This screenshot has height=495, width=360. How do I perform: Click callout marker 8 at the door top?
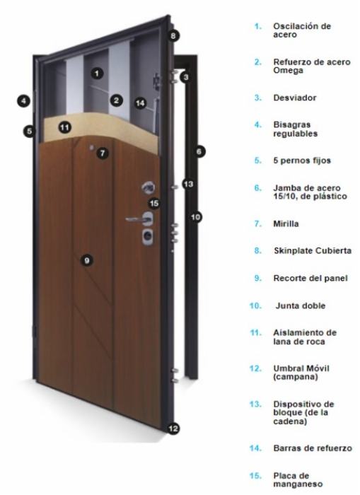(173, 35)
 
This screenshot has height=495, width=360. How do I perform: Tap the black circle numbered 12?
(173, 429)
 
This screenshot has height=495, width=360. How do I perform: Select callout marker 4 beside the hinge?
(23, 101)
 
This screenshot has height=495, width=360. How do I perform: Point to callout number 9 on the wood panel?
(87, 260)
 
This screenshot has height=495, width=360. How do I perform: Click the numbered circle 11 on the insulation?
(65, 127)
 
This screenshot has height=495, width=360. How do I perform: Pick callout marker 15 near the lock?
(154, 203)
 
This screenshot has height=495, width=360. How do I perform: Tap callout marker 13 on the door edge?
(188, 184)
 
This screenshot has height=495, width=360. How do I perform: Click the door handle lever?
(136, 219)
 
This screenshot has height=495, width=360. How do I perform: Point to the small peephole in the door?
(91, 147)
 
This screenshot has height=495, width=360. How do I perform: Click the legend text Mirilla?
(286, 224)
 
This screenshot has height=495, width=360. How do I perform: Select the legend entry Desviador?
(295, 98)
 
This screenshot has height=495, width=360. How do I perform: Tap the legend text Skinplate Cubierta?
(313, 250)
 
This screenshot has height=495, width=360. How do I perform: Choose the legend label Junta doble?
(301, 305)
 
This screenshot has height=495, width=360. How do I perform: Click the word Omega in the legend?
(289, 71)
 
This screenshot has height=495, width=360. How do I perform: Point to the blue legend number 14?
(255, 448)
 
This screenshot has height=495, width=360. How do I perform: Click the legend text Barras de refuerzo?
(313, 448)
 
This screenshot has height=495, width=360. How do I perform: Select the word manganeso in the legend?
(298, 484)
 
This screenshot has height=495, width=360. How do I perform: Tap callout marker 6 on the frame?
(199, 151)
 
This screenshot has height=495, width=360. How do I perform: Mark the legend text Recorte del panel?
(310, 278)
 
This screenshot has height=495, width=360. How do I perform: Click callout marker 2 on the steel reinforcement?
(117, 100)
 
